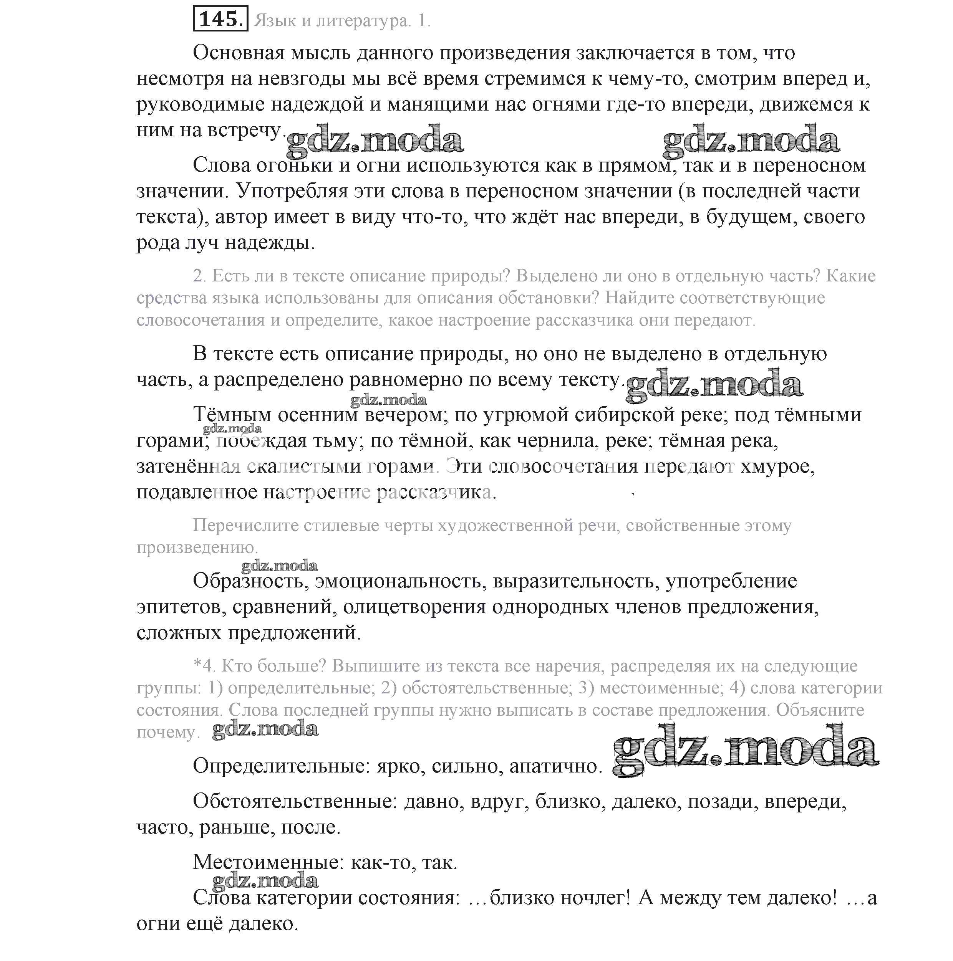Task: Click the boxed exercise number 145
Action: (x=220, y=20)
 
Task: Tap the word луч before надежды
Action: (x=204, y=243)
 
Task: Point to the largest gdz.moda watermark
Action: (x=745, y=751)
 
